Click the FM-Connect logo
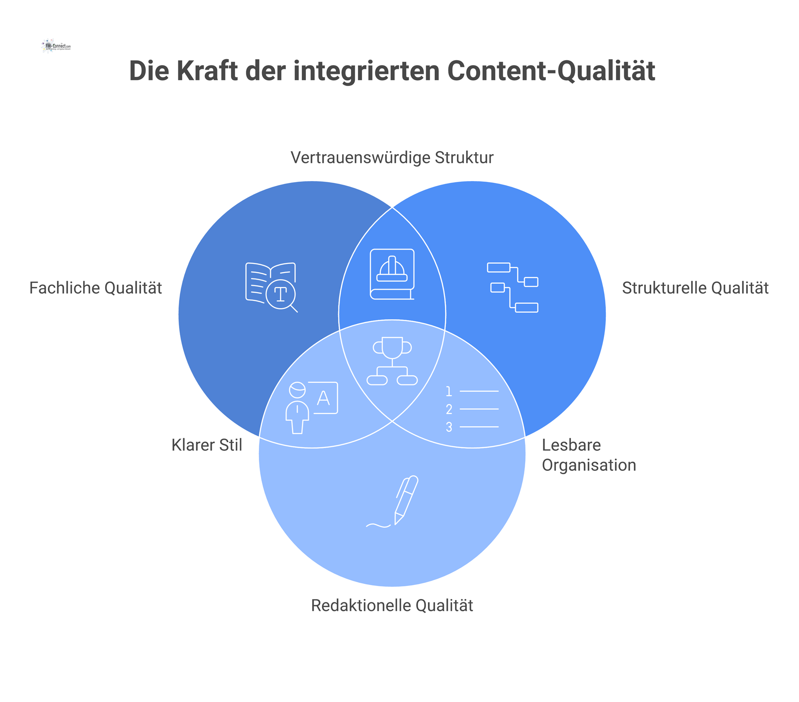coord(56,46)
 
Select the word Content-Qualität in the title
coord(551,71)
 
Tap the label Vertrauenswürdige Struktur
coord(392,158)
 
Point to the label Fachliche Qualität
coord(95,288)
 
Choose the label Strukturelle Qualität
coord(695,288)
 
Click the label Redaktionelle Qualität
coord(392,606)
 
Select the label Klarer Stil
coord(206,445)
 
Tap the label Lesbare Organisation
coord(588,455)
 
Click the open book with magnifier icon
coord(271,287)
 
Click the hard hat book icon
coord(392,274)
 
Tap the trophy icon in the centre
coord(392,361)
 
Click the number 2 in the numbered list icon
coord(449,409)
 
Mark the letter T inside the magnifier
coord(280,294)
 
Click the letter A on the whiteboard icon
coord(323,398)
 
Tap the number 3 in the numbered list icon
coord(449,427)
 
